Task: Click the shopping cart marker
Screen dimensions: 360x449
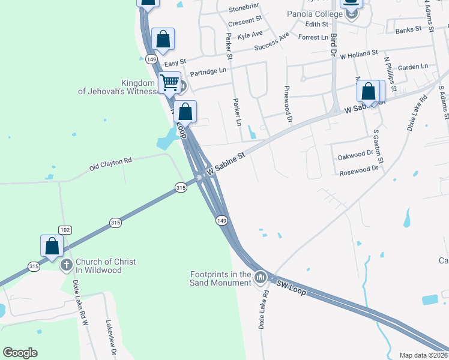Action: pyautogui.click(x=170, y=82)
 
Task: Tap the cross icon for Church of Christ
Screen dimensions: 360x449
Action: pyautogui.click(x=67, y=263)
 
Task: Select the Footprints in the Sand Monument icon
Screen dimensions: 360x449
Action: pyautogui.click(x=260, y=277)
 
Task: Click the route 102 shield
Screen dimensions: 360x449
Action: pyautogui.click(x=65, y=230)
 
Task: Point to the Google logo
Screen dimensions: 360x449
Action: pyautogui.click(x=20, y=353)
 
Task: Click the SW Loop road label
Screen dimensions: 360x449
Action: pyautogui.click(x=291, y=288)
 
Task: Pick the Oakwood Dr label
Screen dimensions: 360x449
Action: pyautogui.click(x=356, y=155)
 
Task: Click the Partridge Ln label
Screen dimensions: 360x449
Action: pyautogui.click(x=208, y=71)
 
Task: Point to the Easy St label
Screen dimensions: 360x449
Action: pyautogui.click(x=175, y=62)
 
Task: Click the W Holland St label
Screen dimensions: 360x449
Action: pyautogui.click(x=358, y=55)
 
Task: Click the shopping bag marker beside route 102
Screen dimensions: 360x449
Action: pyautogui.click(x=52, y=246)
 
